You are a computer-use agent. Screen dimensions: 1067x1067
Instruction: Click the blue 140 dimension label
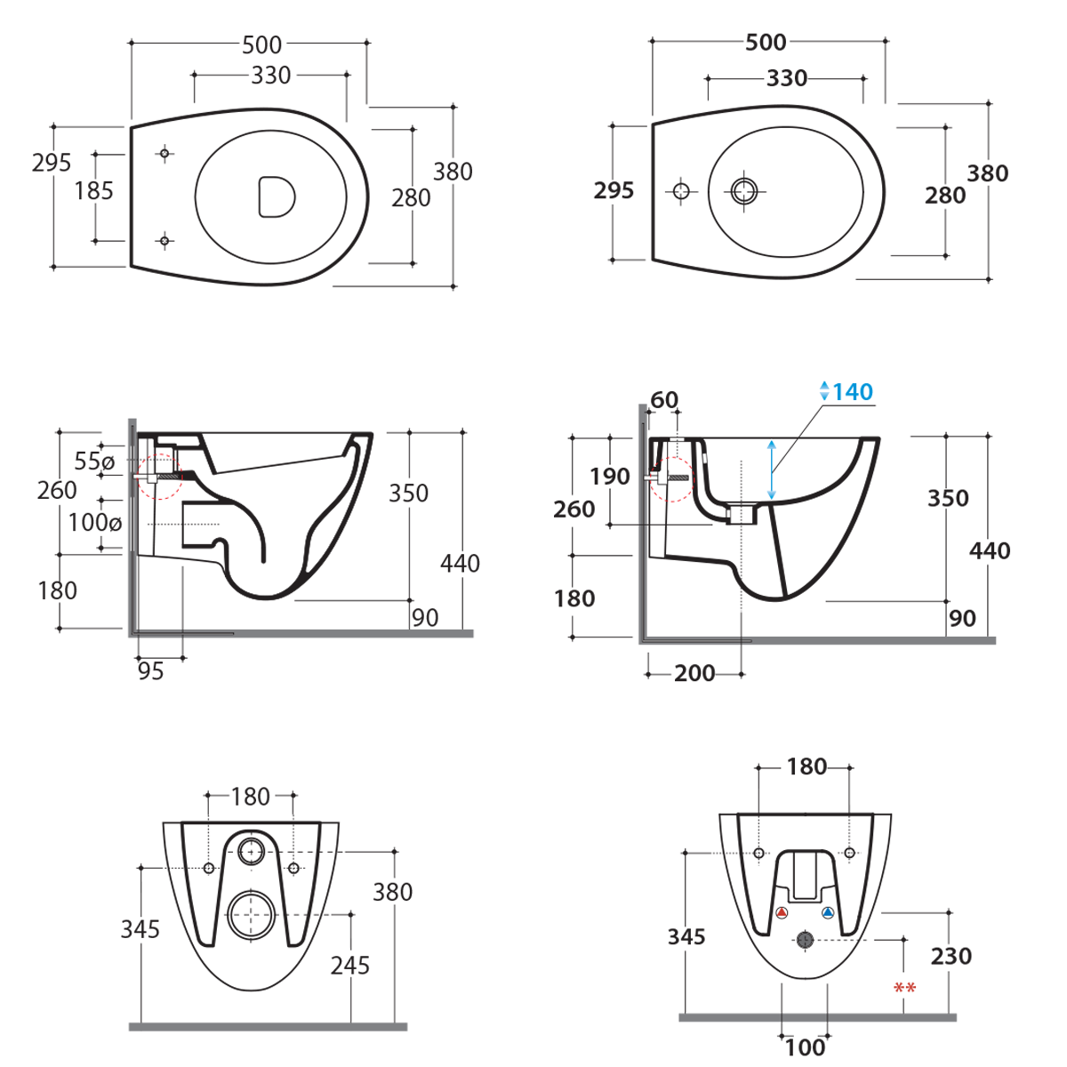tap(852, 392)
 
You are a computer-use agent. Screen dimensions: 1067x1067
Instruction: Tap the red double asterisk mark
tap(905, 988)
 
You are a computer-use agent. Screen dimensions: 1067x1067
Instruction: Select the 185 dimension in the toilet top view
tap(93, 191)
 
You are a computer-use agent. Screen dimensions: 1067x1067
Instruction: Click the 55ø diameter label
tap(94, 461)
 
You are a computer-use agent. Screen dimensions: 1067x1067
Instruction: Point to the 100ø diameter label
tap(94, 522)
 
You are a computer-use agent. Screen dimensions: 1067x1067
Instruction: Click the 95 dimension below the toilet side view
tap(150, 671)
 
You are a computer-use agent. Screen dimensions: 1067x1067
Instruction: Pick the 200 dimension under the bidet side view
tap(694, 673)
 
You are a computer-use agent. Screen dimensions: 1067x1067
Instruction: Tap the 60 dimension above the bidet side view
tap(664, 400)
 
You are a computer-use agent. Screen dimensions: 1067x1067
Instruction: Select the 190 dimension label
tap(610, 477)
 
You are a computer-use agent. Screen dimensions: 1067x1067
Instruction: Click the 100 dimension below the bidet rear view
tap(805, 1048)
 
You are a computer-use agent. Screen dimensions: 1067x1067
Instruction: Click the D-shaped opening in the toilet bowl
tap(277, 197)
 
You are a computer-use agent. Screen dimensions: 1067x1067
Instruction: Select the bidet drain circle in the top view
tap(744, 191)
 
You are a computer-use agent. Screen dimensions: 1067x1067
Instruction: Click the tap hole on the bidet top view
tap(681, 191)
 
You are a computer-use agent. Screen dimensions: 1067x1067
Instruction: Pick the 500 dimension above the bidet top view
tap(766, 43)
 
